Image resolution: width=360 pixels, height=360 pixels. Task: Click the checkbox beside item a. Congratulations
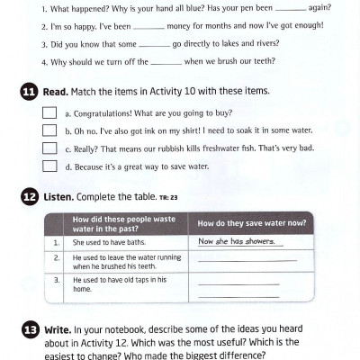[x=49, y=113]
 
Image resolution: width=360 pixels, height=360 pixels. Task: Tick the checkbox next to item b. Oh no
[x=49, y=130]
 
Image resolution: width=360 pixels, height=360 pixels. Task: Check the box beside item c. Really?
[x=49, y=148]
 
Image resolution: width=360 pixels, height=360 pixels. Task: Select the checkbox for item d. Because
[x=49, y=166]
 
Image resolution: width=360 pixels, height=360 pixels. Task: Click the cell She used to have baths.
[x=105, y=243]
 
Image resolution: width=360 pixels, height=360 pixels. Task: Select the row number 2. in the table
[x=56, y=258]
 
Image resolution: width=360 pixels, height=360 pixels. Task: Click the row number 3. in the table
[x=56, y=280]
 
